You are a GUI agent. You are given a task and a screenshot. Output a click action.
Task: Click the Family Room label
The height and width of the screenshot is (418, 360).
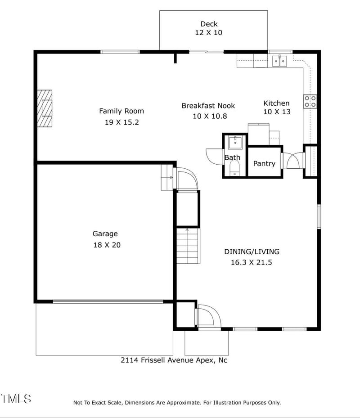121,111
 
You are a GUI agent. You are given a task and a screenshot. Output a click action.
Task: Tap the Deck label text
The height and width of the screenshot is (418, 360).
209,24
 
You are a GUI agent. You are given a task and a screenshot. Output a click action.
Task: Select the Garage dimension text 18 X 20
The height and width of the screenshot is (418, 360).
106,245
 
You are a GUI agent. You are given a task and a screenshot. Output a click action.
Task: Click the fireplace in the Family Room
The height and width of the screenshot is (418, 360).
45,109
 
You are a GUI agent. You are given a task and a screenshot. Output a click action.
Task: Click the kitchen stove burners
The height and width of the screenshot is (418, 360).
310,101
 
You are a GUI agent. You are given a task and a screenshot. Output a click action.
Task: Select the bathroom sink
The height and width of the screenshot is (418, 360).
235,143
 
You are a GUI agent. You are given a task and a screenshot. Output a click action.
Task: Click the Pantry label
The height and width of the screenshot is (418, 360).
264,163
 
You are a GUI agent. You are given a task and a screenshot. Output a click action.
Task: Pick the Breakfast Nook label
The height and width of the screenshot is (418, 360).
208,106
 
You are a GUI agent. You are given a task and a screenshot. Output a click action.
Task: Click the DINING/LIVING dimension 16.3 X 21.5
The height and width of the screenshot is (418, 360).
252,263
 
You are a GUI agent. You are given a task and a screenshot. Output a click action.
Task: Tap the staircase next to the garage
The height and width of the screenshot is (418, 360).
187,246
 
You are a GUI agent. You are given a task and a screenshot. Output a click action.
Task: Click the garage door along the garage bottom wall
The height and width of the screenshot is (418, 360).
108,301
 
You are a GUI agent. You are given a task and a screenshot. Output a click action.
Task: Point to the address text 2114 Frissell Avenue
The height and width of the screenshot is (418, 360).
177,360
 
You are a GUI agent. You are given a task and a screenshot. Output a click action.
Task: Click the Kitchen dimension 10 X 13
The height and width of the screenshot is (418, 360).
277,112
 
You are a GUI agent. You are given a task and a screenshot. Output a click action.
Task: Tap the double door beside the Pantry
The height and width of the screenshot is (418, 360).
292,161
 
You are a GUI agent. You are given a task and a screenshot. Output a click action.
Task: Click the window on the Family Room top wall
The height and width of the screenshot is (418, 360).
120,52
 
